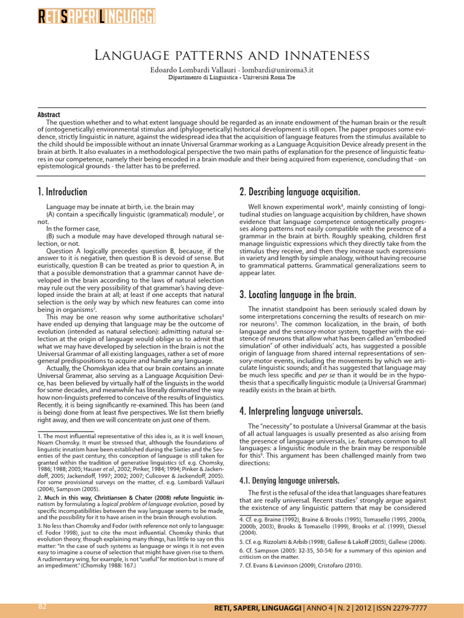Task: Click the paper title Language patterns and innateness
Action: [232, 56]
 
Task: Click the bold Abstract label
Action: [49, 115]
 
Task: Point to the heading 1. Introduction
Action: [62, 192]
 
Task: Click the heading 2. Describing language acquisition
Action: [300, 192]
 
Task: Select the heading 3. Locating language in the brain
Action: [298, 295]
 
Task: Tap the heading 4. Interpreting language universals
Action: [301, 412]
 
